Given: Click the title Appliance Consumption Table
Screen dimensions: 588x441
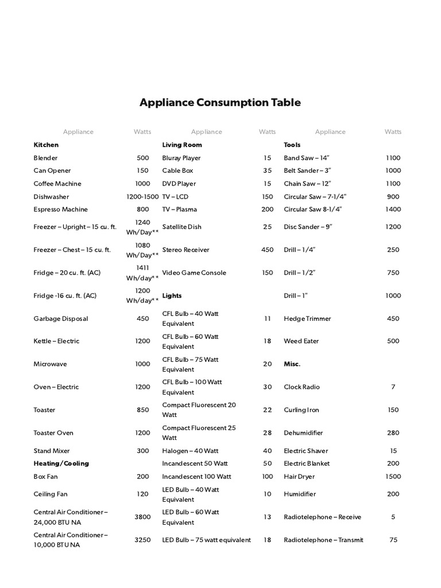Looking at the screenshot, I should (220, 103).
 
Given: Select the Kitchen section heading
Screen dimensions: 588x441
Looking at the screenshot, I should (46, 145).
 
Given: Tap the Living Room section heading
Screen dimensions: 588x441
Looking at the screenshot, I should (182, 145).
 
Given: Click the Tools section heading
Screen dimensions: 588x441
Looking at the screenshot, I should (292, 145).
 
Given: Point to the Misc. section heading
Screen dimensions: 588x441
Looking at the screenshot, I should (292, 364).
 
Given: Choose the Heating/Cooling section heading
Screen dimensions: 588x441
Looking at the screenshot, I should (61, 463).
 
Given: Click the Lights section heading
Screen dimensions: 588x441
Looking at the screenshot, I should (172, 296).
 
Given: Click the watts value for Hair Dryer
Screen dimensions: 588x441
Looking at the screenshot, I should (393, 477).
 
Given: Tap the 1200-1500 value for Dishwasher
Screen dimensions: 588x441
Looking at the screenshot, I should (142, 196).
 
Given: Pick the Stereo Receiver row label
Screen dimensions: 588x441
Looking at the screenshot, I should (185, 250).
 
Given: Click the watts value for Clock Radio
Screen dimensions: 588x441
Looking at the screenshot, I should (393, 387).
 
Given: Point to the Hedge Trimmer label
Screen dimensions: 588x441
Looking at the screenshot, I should (307, 319).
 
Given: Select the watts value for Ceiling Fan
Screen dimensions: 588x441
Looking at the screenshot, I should (142, 494).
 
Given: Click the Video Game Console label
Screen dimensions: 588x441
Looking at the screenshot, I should (194, 273).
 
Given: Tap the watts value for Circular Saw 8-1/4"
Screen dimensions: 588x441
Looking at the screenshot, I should (393, 210).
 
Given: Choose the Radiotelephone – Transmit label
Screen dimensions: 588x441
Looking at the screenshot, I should (323, 540).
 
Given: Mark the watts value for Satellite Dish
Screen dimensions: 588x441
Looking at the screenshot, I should (267, 227).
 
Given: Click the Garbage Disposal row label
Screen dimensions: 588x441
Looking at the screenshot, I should (61, 319).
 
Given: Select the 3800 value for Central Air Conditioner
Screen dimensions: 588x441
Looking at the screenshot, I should (142, 517).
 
